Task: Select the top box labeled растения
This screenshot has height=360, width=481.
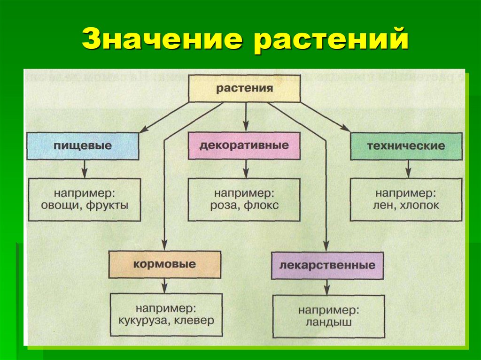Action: click(244, 88)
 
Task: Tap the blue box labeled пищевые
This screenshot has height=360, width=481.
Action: click(83, 146)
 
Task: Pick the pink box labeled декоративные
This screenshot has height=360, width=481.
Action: click(244, 146)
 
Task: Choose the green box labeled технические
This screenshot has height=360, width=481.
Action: click(406, 146)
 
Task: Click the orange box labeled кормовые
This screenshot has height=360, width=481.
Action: click(164, 264)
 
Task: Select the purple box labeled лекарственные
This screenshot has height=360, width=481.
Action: click(327, 265)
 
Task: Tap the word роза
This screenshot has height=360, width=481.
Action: click(225, 205)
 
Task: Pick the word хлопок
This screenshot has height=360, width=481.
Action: click(419, 205)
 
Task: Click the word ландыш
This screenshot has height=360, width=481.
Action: click(328, 323)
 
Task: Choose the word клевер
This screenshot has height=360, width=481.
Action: click(195, 321)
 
